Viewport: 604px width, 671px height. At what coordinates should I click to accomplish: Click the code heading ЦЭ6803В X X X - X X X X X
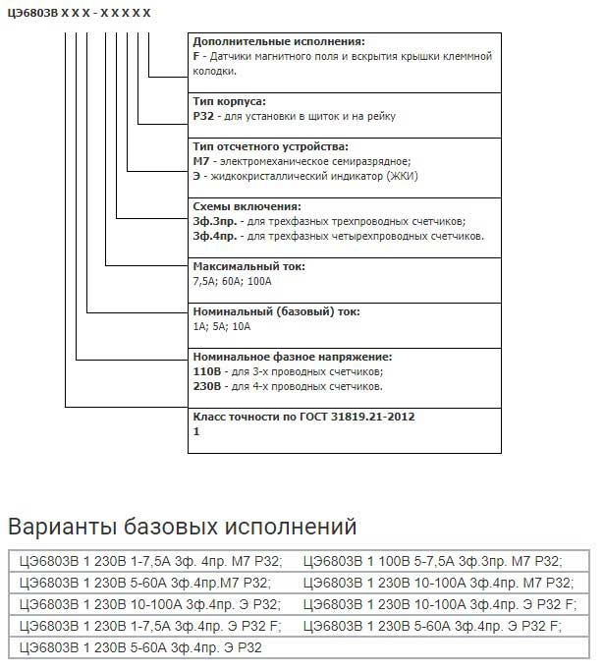pos(79,13)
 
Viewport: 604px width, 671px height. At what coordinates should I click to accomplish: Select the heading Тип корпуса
pos(230,101)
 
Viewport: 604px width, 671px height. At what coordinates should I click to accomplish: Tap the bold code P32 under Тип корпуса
pos(203,116)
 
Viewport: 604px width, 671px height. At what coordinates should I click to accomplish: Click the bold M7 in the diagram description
pos(202,160)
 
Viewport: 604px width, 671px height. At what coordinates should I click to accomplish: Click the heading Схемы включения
pos(247,206)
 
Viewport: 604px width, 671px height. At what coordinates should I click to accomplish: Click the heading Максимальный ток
pos(249,266)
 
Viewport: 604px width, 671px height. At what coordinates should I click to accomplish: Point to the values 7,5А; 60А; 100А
pos(232,281)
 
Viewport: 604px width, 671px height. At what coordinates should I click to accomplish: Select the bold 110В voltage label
pos(207,372)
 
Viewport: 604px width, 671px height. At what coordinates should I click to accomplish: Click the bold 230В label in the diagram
pos(207,386)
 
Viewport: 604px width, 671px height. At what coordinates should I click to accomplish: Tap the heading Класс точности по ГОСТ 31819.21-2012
pos(304,417)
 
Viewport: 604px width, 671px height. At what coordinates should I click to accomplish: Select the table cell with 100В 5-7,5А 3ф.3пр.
pos(432,562)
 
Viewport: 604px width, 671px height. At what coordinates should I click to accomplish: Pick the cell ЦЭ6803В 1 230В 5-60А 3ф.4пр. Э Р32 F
pos(432,626)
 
